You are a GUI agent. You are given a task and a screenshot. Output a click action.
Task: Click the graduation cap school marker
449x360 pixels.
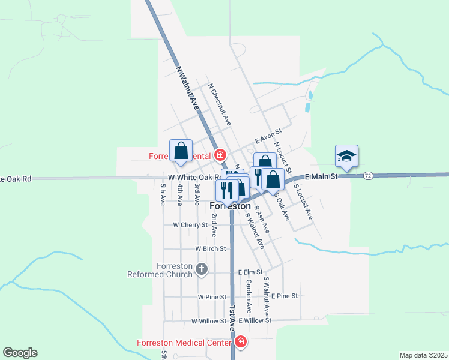(346, 156)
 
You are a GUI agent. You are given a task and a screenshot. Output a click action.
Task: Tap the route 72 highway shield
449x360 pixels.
(368, 175)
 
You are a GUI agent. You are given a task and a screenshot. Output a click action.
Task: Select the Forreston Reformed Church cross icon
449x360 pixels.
(202, 270)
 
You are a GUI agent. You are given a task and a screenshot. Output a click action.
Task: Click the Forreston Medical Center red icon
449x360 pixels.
(241, 343)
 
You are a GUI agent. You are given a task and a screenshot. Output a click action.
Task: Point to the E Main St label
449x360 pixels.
(322, 176)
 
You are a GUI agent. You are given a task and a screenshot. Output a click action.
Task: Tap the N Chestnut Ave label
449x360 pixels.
(219, 103)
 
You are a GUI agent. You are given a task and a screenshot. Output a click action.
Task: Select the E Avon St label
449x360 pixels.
(268, 136)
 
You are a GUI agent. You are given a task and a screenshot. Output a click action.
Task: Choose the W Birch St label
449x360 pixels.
(210, 248)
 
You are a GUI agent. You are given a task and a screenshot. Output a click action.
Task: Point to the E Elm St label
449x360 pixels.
(251, 272)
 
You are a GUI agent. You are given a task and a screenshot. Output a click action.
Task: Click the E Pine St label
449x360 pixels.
(285, 296)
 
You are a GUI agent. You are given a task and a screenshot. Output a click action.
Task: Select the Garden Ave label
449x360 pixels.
(248, 296)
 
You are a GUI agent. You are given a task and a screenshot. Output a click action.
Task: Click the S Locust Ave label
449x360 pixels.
(303, 201)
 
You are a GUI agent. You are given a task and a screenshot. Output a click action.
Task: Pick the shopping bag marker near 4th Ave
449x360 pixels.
(181, 151)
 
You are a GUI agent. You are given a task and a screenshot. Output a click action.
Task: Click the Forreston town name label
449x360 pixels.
(230, 206)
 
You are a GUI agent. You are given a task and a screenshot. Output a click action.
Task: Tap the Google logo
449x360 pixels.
(20, 353)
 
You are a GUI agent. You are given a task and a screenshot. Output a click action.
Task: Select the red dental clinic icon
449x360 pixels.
(220, 155)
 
